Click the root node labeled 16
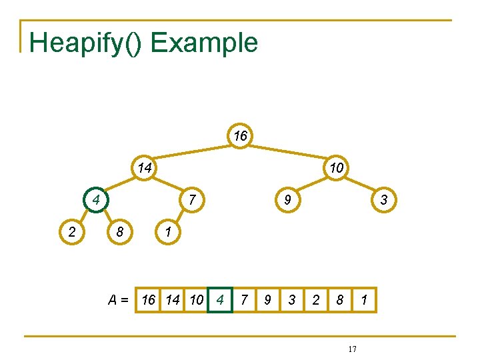click(240, 136)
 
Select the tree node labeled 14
click(144, 168)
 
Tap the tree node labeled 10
click(336, 168)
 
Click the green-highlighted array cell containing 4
click(220, 300)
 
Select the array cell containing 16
click(148, 300)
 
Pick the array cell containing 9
click(267, 300)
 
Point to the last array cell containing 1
click(364, 300)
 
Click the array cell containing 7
click(244, 300)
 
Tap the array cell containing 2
click(316, 300)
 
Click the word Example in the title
click(204, 43)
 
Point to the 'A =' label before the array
click(119, 300)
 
